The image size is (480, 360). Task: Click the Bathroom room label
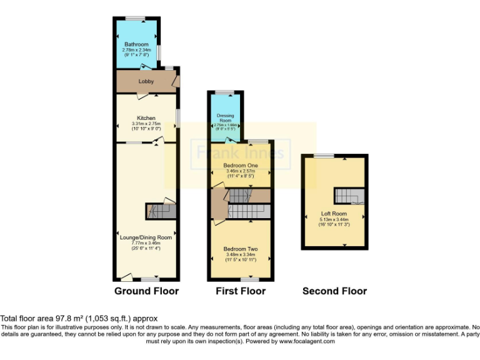coord(136,44)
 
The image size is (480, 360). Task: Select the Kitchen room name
coord(146,118)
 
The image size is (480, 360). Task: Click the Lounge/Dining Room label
coord(146,237)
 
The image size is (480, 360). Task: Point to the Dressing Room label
coord(225,118)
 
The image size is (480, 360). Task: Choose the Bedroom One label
coord(240,165)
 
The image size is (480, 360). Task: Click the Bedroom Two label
coord(240,249)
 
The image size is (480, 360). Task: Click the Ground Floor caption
coord(146,291)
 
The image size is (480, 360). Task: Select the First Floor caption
coord(241,291)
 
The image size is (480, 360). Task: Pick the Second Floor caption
coord(334,291)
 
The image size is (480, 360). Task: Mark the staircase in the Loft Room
coord(347,196)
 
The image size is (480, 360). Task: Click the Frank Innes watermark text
coord(241,152)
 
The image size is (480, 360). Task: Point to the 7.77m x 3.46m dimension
coord(146,243)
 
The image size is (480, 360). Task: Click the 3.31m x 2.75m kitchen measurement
coord(146,124)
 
